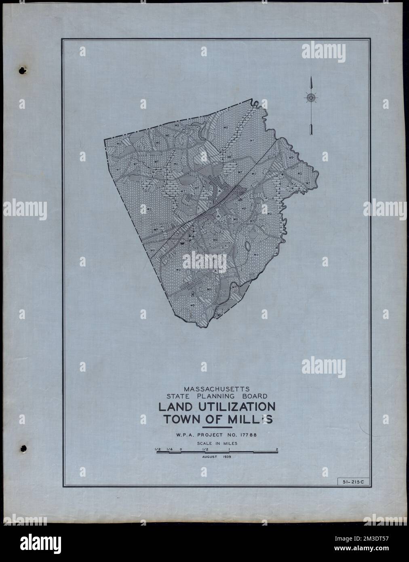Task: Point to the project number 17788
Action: pos(247,435)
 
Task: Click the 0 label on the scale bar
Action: pos(181,449)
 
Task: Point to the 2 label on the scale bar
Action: pos(277,449)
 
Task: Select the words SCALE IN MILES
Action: pos(217,444)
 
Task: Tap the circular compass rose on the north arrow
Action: pos(310,97)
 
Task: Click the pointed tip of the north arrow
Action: pos(310,77)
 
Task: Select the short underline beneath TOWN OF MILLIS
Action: pos(217,427)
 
